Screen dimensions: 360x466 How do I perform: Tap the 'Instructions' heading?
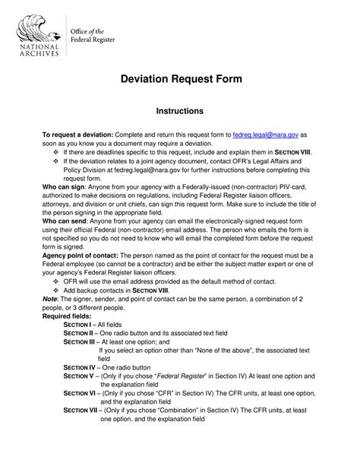(179, 111)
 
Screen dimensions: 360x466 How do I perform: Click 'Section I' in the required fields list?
(77, 350)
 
